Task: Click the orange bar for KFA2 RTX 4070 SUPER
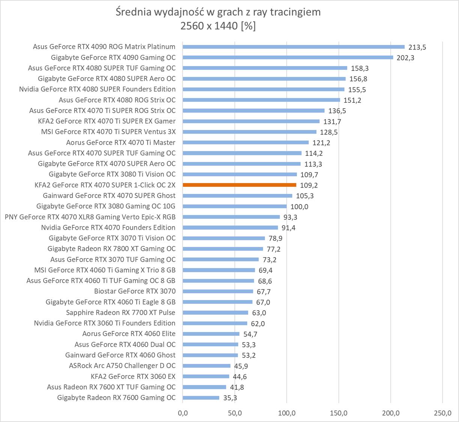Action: [x=239, y=185]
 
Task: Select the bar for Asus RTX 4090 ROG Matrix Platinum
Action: [x=293, y=47]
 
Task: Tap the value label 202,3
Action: [x=405, y=58]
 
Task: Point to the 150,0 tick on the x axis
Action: [x=339, y=413]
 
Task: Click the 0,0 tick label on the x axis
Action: [x=183, y=413]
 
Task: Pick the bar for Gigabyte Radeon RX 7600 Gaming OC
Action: [x=201, y=398]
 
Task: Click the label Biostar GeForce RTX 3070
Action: [x=135, y=291]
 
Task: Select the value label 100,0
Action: [x=299, y=207]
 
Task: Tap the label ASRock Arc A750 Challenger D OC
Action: [x=122, y=365]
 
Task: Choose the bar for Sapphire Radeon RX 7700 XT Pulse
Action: [x=215, y=312]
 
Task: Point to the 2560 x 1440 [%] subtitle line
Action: [x=218, y=26]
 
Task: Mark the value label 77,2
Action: [x=274, y=249]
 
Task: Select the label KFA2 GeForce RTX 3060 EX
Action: [x=133, y=376]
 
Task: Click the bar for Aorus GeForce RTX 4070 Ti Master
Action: [x=245, y=143]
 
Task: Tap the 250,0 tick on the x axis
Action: [x=442, y=413]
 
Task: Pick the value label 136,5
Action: [x=337, y=111]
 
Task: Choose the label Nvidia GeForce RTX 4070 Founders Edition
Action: [x=108, y=227]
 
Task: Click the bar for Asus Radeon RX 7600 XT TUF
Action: [x=204, y=387]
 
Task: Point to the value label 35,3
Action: [x=230, y=398]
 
